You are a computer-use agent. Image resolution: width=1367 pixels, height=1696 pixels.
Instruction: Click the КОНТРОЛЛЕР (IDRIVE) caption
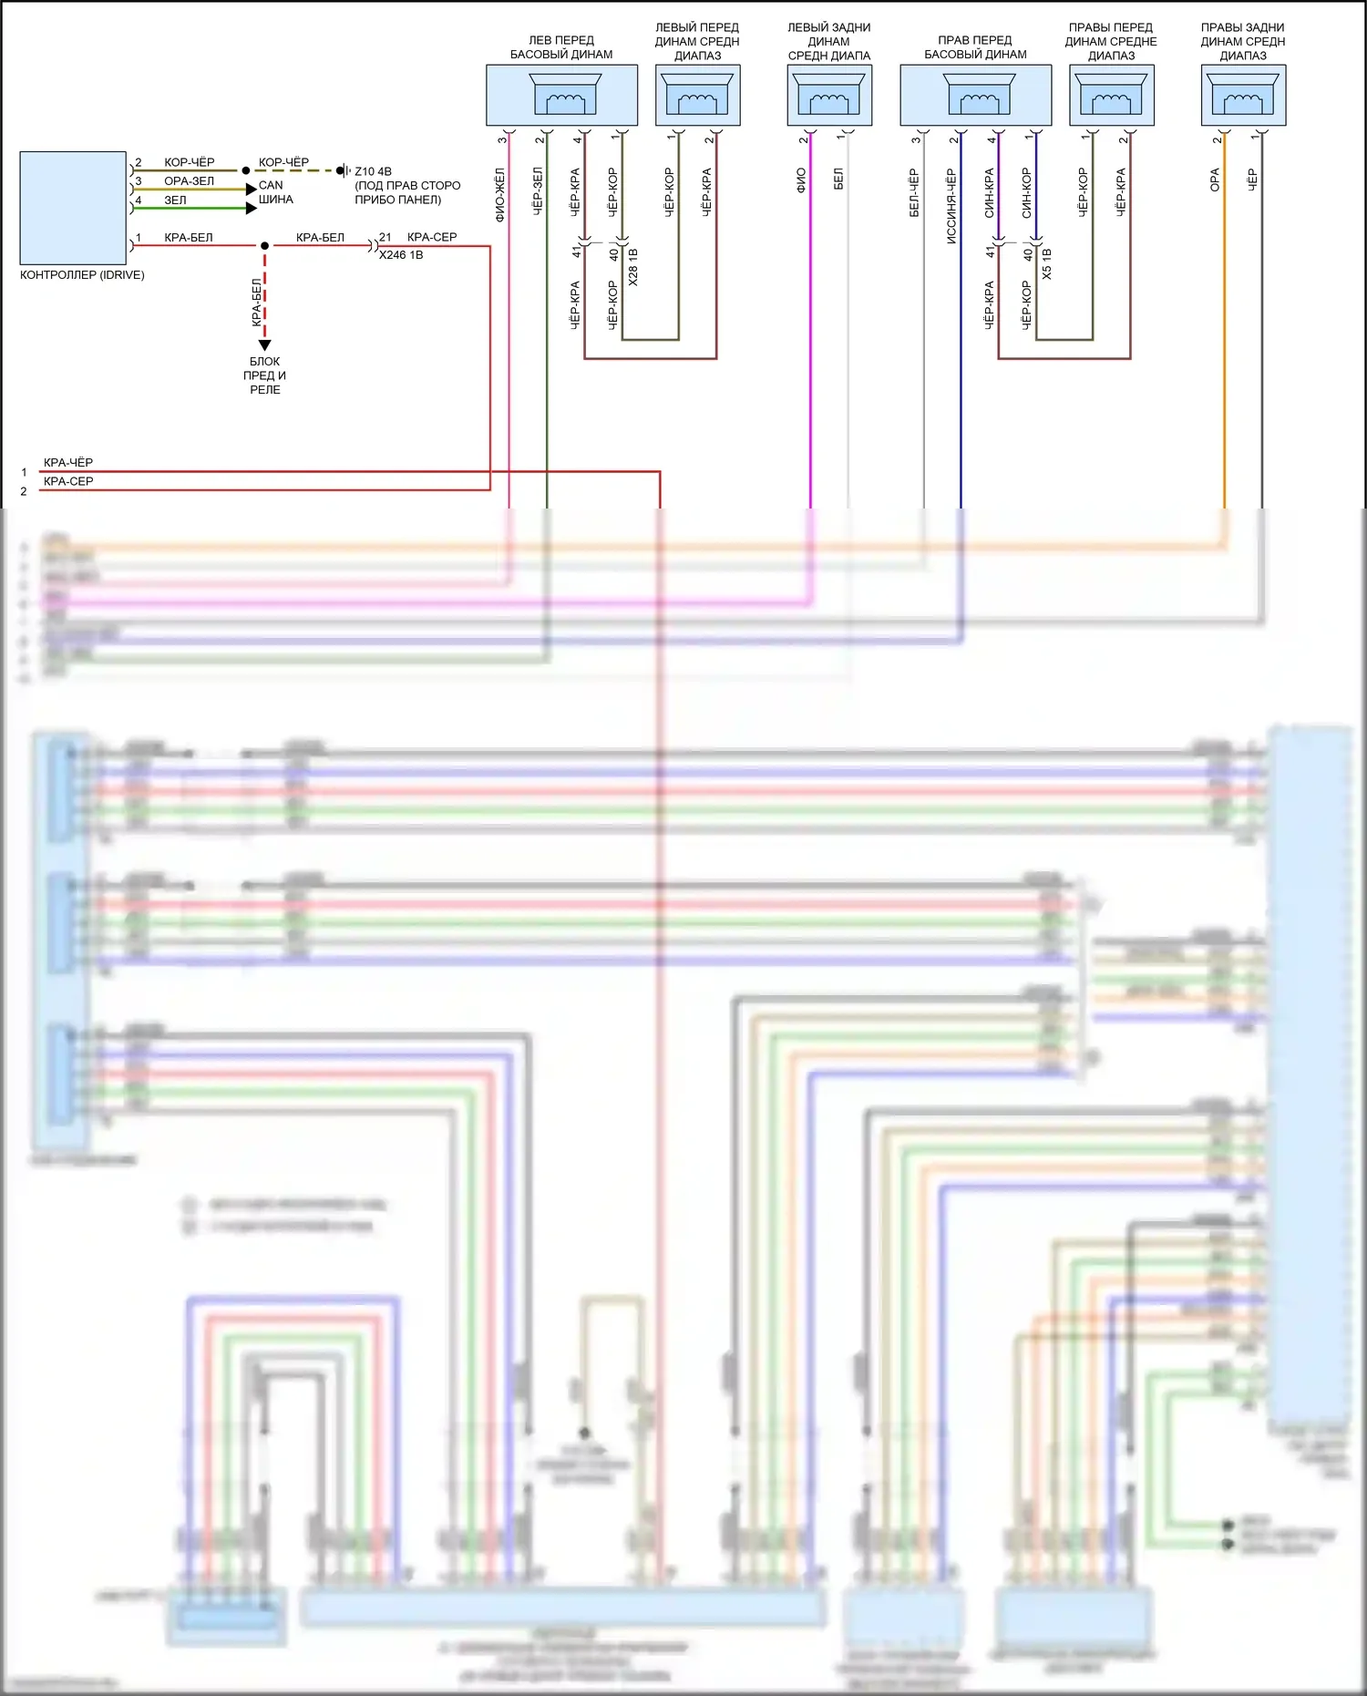82,275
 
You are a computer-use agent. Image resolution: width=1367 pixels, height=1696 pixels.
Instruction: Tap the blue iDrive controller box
73,207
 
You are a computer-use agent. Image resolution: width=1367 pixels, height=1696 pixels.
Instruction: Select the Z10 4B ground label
373,171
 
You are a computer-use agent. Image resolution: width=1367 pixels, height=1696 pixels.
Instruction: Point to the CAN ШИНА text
275,192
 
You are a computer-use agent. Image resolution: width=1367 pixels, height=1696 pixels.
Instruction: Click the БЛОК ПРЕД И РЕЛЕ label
264,375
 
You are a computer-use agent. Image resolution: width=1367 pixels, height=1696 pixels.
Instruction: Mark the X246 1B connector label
401,255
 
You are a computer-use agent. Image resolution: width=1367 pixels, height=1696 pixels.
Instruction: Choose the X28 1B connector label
633,267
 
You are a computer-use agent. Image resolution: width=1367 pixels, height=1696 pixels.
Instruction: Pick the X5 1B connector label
1047,263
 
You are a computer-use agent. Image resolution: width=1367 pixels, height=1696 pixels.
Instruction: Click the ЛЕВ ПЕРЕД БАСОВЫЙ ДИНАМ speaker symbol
565,95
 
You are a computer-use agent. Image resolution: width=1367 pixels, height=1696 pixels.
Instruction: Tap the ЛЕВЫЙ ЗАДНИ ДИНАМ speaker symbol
829,95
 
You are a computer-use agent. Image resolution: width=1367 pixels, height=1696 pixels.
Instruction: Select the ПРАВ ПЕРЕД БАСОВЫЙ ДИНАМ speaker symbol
979,95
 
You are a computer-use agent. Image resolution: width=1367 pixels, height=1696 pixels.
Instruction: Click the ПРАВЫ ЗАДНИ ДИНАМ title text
1243,41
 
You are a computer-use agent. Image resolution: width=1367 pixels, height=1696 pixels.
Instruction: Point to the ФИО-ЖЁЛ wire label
499,194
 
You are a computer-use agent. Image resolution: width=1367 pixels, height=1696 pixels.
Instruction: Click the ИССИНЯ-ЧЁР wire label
951,206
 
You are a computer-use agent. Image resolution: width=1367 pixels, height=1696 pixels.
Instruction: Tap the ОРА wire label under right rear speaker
1215,180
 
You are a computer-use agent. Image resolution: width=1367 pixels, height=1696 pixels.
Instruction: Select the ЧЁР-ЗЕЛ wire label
538,190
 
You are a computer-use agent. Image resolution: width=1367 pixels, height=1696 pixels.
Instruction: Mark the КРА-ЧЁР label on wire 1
68,463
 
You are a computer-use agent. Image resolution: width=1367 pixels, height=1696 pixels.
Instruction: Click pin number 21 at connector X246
385,237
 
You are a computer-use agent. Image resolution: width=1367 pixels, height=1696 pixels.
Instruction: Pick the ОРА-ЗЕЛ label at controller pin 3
189,181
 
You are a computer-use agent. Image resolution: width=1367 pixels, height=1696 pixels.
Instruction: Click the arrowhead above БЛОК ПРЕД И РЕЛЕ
264,345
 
